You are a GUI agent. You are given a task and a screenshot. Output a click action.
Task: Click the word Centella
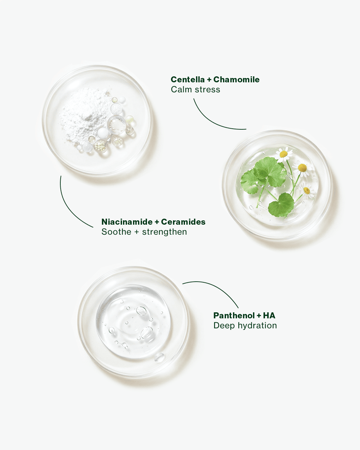(x=188, y=79)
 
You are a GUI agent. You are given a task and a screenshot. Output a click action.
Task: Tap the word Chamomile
(x=236, y=79)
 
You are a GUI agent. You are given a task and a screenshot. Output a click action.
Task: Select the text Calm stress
(x=195, y=89)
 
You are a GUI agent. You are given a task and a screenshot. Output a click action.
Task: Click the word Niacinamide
(x=127, y=222)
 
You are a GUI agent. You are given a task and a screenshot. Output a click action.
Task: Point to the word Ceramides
(x=183, y=222)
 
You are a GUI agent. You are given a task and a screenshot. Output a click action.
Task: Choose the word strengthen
(x=164, y=232)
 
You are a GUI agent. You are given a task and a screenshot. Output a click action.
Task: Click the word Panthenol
(x=234, y=315)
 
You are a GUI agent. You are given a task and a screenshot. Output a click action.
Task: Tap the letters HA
(x=269, y=315)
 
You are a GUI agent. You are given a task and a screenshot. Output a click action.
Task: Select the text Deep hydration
(x=245, y=326)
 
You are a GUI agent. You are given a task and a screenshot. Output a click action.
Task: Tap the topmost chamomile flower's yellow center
(x=284, y=154)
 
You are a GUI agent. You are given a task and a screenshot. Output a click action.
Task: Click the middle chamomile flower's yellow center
(x=302, y=168)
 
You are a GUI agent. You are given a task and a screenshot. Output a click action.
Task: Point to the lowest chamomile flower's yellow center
(x=307, y=190)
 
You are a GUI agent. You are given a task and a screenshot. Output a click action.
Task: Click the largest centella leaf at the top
(x=270, y=171)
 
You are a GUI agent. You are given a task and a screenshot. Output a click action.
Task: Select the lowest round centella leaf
(x=281, y=205)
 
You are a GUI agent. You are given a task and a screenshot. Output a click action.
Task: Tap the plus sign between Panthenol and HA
(x=259, y=316)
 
